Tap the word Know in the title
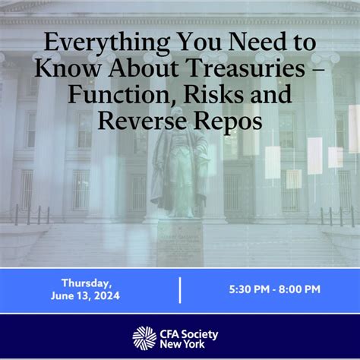pos(68,68)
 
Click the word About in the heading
pos(144,68)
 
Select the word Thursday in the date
pos(87,283)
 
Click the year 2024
pos(107,295)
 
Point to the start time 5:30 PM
pos(249,289)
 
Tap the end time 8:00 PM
pos(299,289)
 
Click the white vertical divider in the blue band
pos(180,290)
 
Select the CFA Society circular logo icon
pos(144,338)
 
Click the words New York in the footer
pos(182,344)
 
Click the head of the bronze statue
pos(178,112)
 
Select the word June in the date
pos(61,295)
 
